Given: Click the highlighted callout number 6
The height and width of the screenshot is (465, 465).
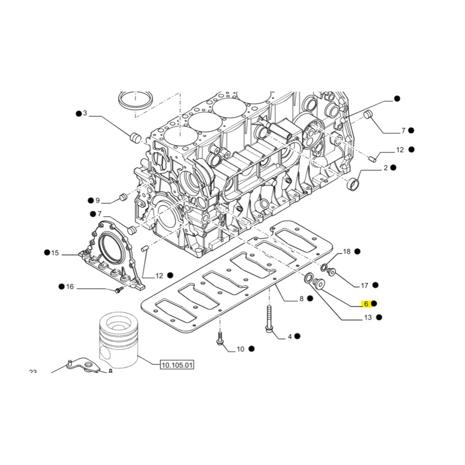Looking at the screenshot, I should coord(366,304).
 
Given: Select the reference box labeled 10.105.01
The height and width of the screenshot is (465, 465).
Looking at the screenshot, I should coord(177,365).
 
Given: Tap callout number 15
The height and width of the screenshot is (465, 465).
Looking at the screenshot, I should coord(55,253).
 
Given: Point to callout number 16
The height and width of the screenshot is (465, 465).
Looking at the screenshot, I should coord(70,287).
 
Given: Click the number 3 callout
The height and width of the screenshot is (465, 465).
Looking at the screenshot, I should coord(85,113).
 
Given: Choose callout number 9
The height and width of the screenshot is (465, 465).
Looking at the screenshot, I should coord(98,201).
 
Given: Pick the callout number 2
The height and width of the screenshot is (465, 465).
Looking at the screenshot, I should coord(385,168).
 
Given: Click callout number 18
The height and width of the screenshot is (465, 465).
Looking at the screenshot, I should coord(347,252).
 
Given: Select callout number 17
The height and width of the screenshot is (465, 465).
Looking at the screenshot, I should coord(365,286).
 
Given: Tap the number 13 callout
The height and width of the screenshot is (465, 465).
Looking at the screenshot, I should coord(368,318).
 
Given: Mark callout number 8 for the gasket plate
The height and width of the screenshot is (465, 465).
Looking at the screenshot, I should coord(301,299).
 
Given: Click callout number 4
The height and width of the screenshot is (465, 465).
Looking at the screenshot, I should coord(289,336).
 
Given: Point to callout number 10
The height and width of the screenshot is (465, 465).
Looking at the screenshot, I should coord(240,349).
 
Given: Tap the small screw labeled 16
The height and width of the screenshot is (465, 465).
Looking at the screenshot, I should coord(118,291).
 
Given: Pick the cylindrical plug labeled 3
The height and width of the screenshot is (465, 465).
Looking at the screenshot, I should coord(135,138).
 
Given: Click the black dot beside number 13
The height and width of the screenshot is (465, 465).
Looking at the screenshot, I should coord(379,318).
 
